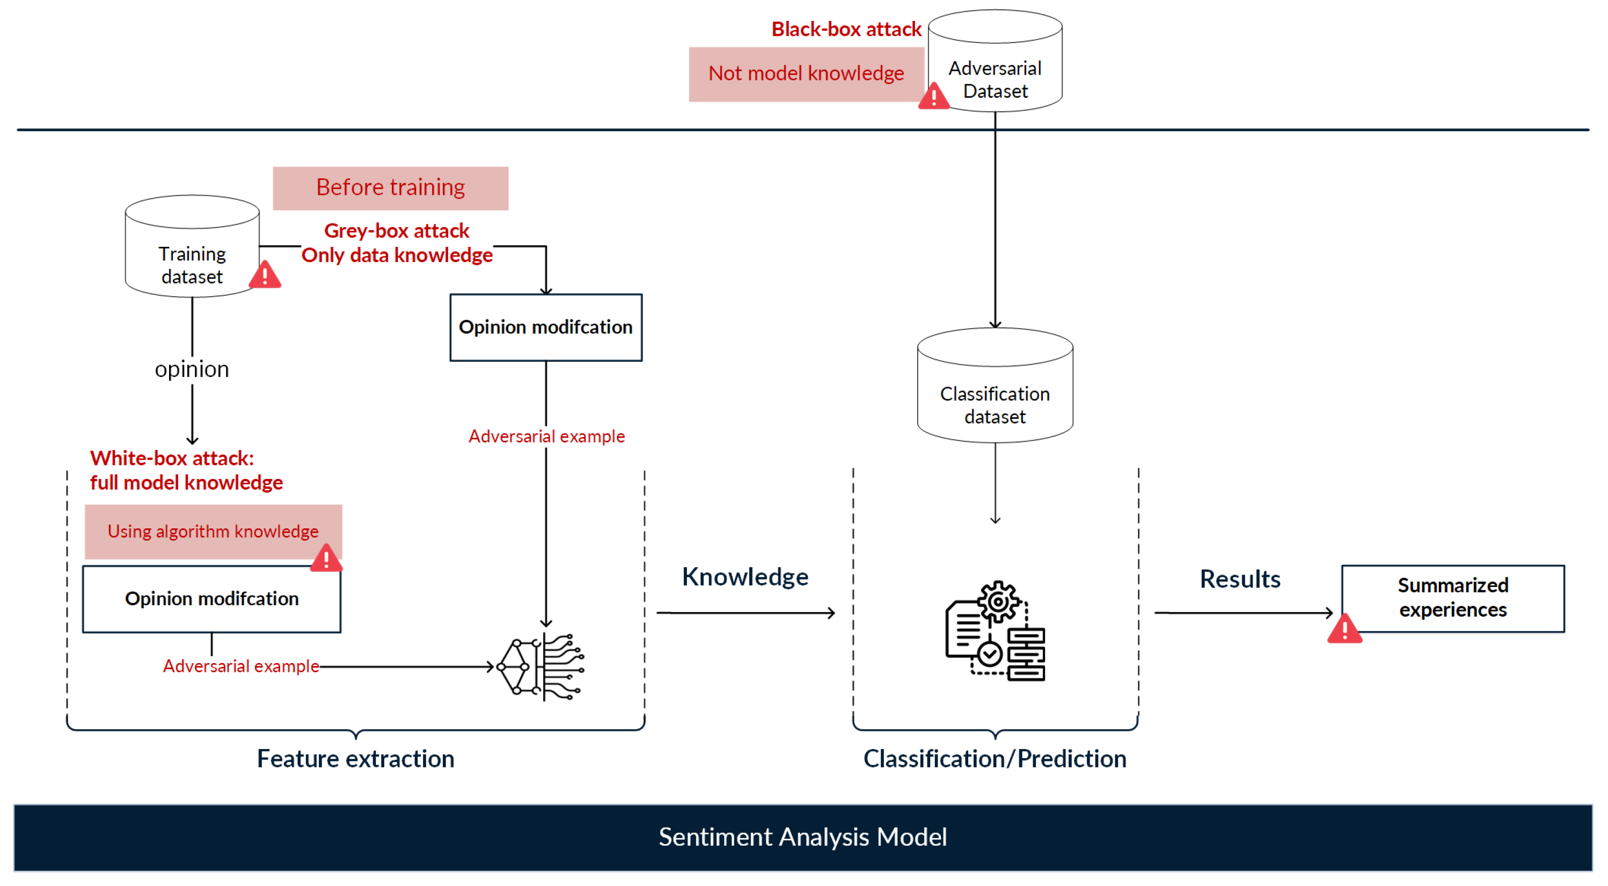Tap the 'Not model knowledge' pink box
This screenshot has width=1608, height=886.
[x=805, y=74]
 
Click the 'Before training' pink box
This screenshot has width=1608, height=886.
[x=390, y=187]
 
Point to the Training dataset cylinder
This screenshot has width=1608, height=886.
[x=192, y=256]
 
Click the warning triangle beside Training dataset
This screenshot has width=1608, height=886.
[x=265, y=275]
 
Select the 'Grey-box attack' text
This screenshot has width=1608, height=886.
[x=397, y=231]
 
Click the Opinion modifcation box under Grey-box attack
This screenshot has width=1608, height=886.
[x=545, y=327]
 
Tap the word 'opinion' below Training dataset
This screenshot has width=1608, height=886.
[x=192, y=369]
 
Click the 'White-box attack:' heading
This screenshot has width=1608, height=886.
[x=172, y=458]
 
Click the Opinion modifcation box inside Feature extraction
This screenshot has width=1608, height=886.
[x=211, y=599]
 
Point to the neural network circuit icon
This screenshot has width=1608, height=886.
[x=540, y=667]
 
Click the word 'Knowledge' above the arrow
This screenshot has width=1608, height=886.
[x=745, y=577]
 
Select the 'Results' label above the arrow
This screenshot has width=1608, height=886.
[x=1240, y=579]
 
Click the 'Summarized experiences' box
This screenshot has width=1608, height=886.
[x=1452, y=598]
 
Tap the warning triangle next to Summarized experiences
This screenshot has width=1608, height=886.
[x=1344, y=629]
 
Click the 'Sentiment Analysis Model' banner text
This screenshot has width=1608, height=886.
[x=803, y=837]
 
